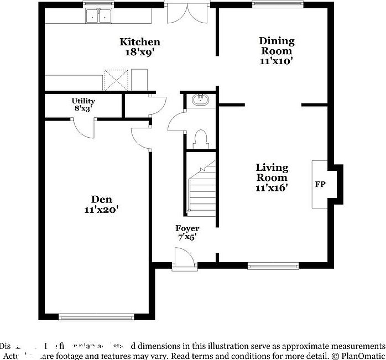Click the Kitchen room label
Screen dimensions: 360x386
click(140, 42)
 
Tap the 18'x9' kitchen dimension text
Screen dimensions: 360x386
click(140, 53)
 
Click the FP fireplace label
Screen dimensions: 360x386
click(320, 184)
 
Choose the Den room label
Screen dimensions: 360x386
click(102, 199)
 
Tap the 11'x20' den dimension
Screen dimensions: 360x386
click(102, 210)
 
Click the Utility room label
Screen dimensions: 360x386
click(83, 101)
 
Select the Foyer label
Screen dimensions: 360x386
click(187, 228)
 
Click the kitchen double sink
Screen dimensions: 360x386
click(98, 17)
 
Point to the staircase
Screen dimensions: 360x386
click(201, 188)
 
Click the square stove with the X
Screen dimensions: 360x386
click(117, 80)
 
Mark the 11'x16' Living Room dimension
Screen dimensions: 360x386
click(272, 188)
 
